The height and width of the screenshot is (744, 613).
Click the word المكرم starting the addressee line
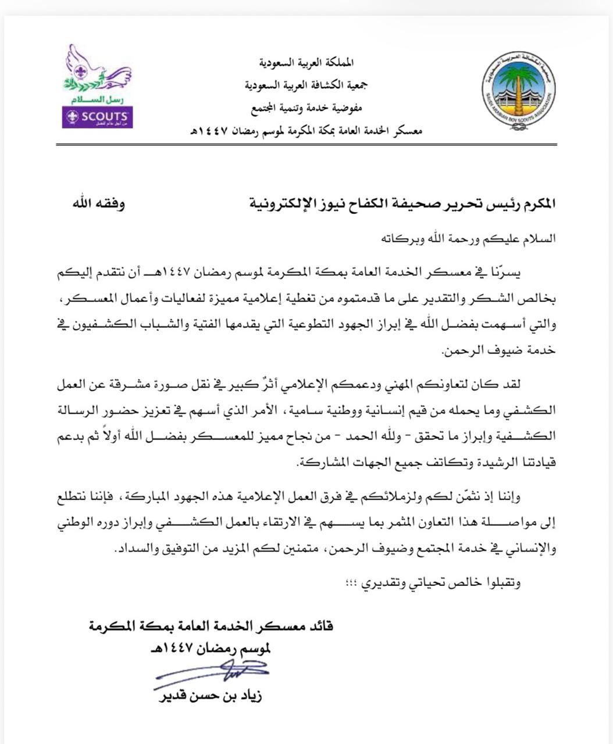tap(538, 204)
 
